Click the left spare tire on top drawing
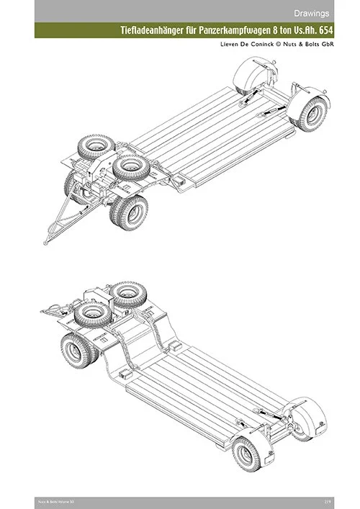coord(92,149)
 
